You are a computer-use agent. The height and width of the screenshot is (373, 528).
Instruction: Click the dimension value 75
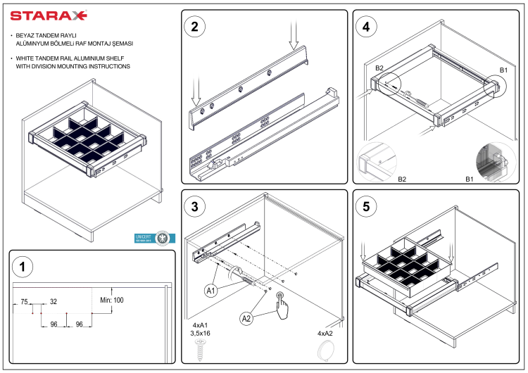24,301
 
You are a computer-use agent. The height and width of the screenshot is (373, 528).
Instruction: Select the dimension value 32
54,301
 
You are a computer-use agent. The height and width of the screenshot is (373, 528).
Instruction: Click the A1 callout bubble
210,290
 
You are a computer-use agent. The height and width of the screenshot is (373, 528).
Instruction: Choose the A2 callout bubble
246,318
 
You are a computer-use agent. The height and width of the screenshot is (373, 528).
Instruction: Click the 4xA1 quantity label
201,324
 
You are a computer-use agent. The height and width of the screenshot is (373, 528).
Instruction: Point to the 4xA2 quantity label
325,333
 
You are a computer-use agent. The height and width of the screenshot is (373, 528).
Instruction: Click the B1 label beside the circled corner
503,70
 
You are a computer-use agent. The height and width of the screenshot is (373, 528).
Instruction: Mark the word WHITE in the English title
25,58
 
